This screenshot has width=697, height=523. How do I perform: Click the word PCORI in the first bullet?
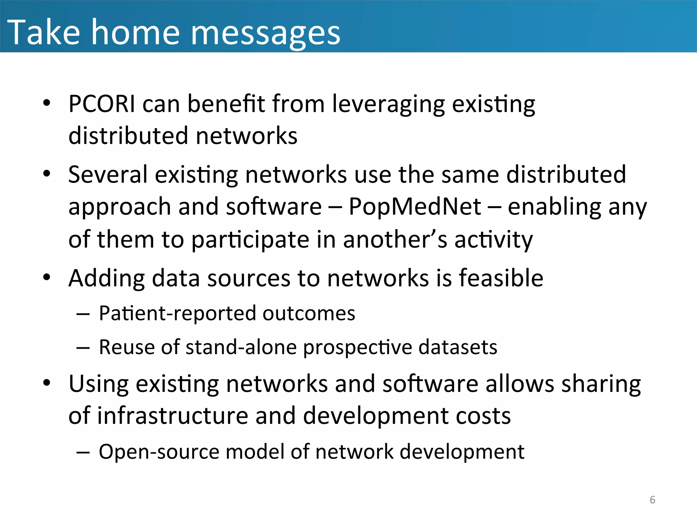(x=101, y=104)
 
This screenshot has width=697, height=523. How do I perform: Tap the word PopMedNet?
(x=415, y=207)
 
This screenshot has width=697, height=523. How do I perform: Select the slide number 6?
(x=652, y=500)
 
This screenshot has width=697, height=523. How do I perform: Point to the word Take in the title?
(x=44, y=32)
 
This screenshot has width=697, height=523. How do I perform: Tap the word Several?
(x=108, y=175)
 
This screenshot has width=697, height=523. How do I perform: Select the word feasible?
(x=501, y=278)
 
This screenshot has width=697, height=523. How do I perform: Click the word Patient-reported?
(x=177, y=313)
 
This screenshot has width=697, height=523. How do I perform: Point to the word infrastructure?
(x=173, y=416)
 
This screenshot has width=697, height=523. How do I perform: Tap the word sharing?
(x=601, y=384)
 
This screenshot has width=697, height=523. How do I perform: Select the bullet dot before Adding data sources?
(x=47, y=277)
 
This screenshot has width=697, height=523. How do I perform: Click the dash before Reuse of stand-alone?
(x=83, y=348)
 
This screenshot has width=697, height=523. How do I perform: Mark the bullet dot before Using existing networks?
(x=47, y=383)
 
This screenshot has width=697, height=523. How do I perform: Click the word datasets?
(x=457, y=347)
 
